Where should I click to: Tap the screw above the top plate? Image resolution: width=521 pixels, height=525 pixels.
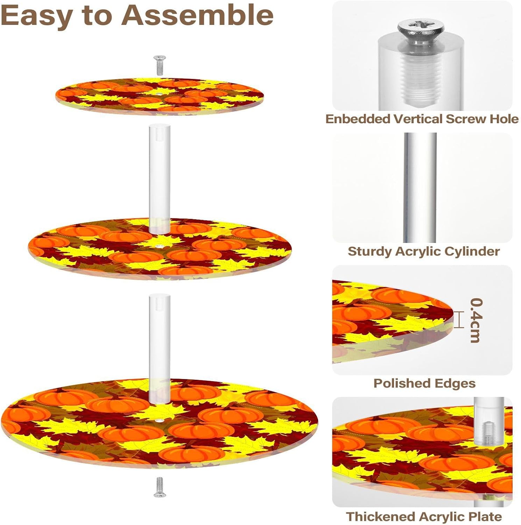pyautogui.click(x=160, y=65)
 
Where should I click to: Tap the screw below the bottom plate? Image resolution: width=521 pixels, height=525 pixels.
pyautogui.click(x=160, y=487)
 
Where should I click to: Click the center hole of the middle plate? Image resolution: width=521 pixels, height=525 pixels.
pyautogui.click(x=160, y=246)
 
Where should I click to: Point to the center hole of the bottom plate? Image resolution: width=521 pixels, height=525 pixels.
pyautogui.click(x=160, y=420)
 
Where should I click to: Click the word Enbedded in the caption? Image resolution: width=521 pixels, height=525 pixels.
pyautogui.click(x=358, y=119)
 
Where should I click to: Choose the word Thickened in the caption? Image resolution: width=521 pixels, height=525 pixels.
pyautogui.click(x=380, y=517)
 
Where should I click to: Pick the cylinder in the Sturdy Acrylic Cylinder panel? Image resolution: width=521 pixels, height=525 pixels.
pyautogui.click(x=420, y=187)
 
